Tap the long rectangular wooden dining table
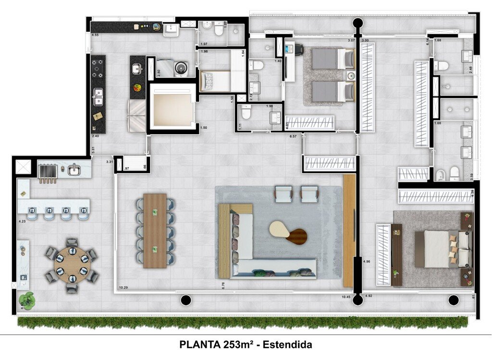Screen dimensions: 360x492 155,230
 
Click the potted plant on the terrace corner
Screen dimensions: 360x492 27,300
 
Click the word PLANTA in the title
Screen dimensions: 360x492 200,345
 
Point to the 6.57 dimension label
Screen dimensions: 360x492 294,137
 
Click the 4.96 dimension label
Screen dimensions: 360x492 367,261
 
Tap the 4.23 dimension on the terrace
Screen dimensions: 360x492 22,222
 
